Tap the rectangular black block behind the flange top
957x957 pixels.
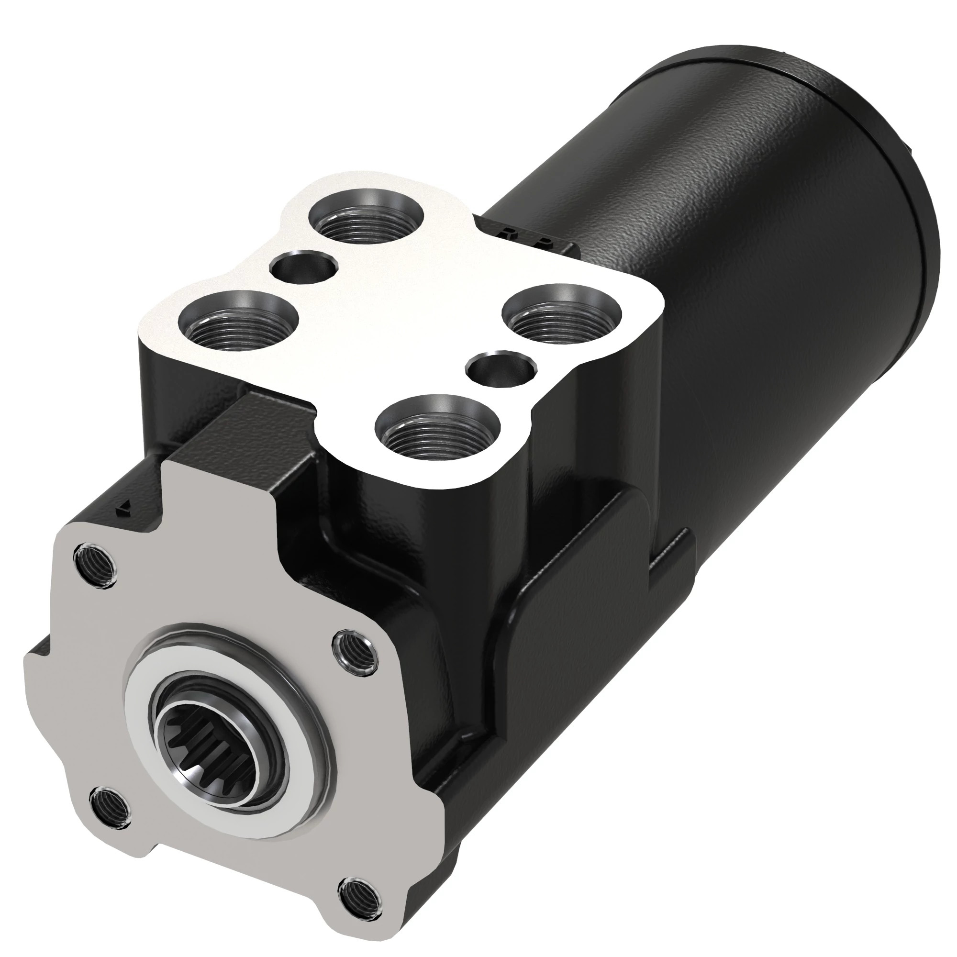pos(248,436)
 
